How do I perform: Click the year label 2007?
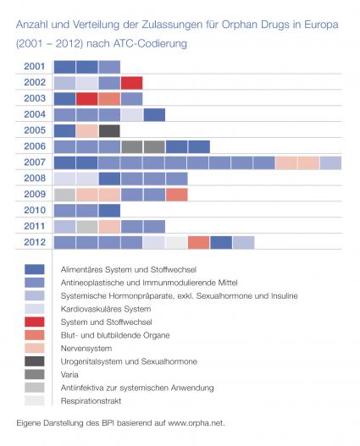pos(35,162)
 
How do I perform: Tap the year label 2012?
pos(35,242)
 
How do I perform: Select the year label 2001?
pos(35,67)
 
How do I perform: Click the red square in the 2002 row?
pos(132,83)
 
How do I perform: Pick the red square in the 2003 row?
pos(86,99)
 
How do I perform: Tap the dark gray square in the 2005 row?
pos(109,131)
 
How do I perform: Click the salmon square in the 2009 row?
pos(177,195)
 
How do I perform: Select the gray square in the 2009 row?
pos(64,195)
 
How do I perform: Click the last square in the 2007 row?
pos(330,162)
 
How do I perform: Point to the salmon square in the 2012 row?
pos(199,243)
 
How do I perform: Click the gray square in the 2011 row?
pos(87,227)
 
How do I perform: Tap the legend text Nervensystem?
pos(86,349)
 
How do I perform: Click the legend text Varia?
pos(69,375)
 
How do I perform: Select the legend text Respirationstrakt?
pos(91,401)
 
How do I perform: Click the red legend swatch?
pos(35,322)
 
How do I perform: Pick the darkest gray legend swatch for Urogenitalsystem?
pos(35,361)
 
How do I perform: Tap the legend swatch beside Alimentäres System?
pos(35,269)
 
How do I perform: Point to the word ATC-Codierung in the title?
pos(150,44)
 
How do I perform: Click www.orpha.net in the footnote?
pos(196,423)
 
